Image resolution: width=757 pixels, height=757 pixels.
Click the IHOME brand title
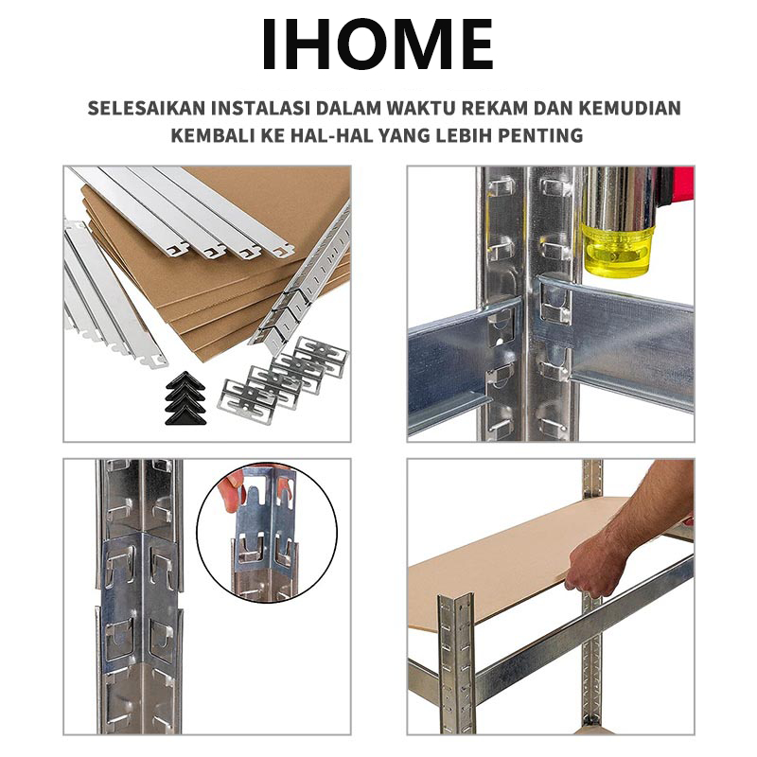378,44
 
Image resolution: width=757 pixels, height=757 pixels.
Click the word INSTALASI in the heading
259,108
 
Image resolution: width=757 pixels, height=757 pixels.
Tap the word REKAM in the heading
494,108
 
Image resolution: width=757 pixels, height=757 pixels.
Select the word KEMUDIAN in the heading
629,108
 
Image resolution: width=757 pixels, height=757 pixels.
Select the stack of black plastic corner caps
185,398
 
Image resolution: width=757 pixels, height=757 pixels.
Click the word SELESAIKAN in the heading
147,108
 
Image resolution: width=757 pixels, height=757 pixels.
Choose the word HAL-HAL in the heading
332,135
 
